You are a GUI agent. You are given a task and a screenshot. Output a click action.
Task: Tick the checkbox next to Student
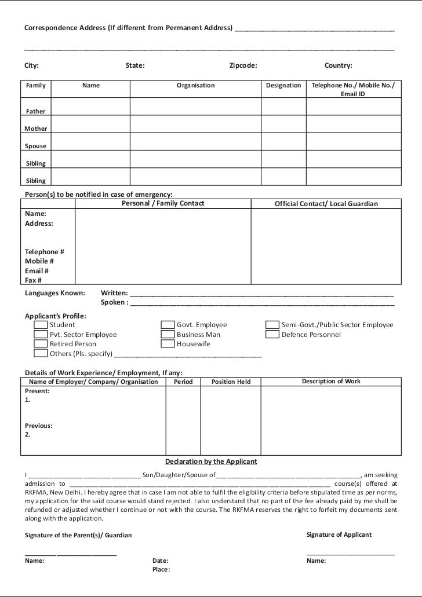point(41,325)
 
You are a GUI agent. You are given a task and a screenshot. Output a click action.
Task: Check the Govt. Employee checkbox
point(168,325)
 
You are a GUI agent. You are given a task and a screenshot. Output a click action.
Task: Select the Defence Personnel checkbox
point(272,335)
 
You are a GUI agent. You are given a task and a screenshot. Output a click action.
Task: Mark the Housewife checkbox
point(168,344)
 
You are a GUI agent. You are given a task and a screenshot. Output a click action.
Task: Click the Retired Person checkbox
point(41,344)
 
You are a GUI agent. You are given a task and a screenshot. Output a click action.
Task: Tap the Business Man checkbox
point(168,335)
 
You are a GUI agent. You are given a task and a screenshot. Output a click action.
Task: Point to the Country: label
point(339,66)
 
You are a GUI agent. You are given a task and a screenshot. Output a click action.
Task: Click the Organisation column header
point(195,86)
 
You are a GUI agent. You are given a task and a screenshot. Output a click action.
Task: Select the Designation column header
point(283,86)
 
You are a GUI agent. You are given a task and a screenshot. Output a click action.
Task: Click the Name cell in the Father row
point(90,107)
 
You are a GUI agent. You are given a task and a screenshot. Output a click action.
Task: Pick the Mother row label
point(36,129)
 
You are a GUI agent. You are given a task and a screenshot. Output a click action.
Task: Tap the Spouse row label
point(36,146)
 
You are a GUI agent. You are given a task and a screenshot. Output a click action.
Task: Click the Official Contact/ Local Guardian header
point(326,204)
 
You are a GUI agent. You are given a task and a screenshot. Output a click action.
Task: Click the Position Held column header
point(231,382)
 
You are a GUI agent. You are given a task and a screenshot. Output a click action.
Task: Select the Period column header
point(183,382)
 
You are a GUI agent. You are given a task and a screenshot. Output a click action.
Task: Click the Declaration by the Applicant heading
point(211,462)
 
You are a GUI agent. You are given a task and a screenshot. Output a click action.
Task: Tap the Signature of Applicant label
point(339,534)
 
